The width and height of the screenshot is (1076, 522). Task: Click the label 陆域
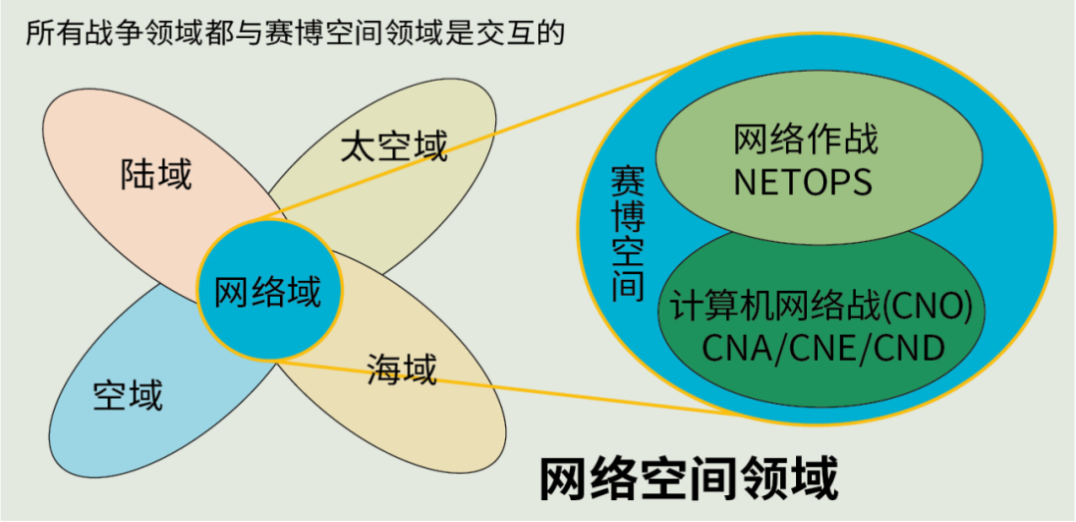156,175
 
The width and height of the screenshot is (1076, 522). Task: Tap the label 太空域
395,146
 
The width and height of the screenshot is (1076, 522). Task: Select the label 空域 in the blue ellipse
128,395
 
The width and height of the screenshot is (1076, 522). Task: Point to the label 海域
402,369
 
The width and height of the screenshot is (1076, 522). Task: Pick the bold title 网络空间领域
688,479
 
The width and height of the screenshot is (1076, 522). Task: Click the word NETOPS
802,181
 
